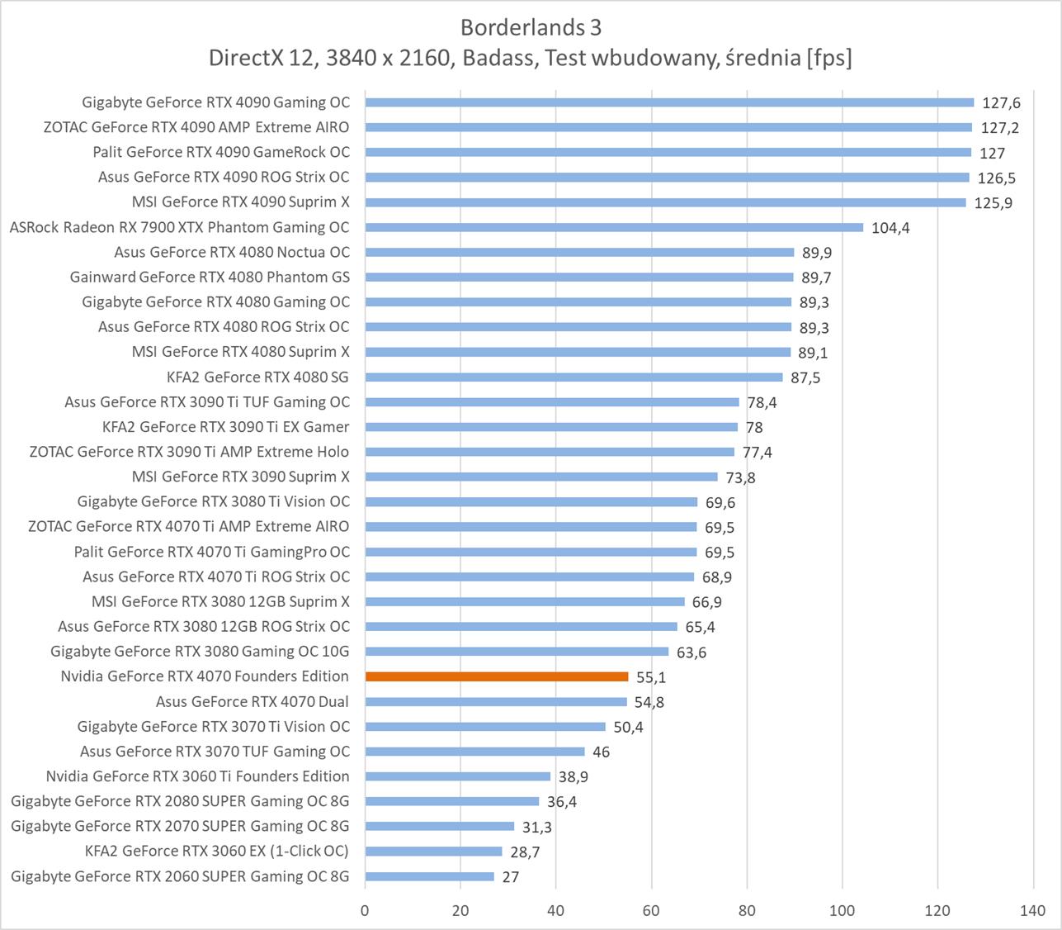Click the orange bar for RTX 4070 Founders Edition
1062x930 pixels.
497,676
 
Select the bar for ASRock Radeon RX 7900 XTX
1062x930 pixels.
614,227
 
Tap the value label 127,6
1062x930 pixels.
1001,103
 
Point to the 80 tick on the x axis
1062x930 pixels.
747,911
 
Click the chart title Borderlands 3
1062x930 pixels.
531,27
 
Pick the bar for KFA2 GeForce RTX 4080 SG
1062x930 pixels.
573,377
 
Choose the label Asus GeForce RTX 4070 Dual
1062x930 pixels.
253,701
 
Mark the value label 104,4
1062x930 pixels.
890,228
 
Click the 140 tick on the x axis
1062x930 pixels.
1033,911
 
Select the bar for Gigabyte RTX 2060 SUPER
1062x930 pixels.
429,876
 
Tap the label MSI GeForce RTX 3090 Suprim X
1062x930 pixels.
241,477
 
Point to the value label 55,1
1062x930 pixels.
651,677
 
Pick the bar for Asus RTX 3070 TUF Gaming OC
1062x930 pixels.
474,752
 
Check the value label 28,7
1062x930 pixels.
525,852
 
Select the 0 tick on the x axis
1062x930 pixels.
366,911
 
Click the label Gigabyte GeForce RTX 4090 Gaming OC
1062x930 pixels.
216,102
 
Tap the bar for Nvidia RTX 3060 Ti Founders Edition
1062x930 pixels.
457,776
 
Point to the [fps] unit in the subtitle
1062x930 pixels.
828,58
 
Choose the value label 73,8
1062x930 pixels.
740,477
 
